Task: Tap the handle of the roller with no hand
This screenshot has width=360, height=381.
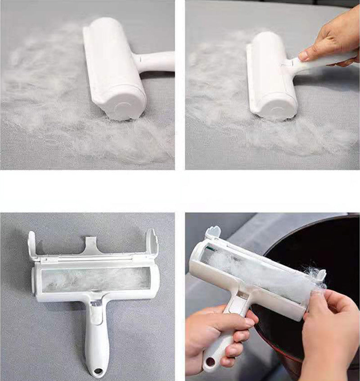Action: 155,61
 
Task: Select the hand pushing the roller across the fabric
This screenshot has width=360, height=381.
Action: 326,43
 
